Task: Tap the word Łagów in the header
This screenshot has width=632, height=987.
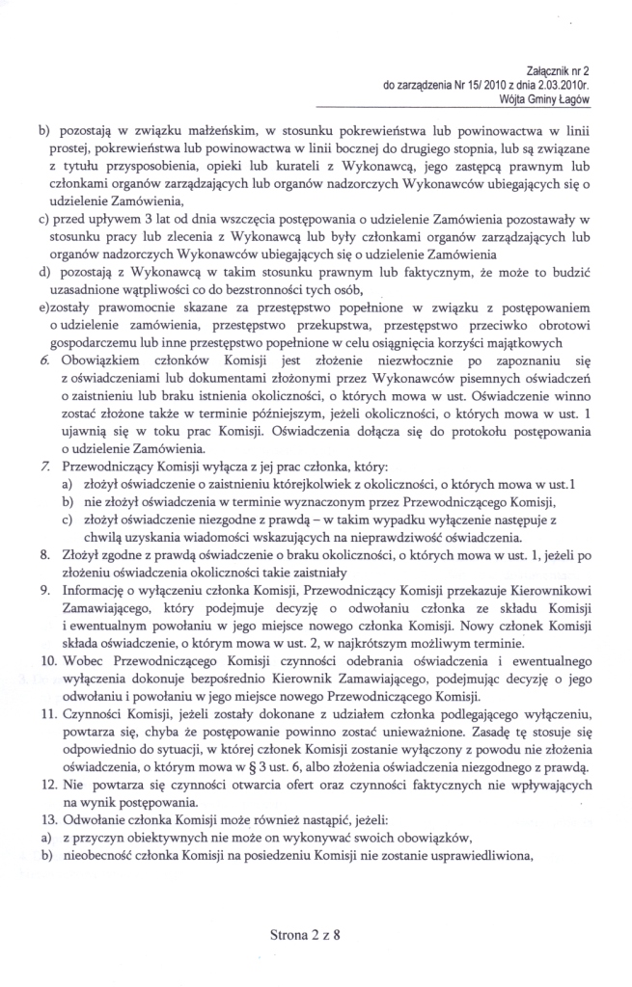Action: (571, 99)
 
